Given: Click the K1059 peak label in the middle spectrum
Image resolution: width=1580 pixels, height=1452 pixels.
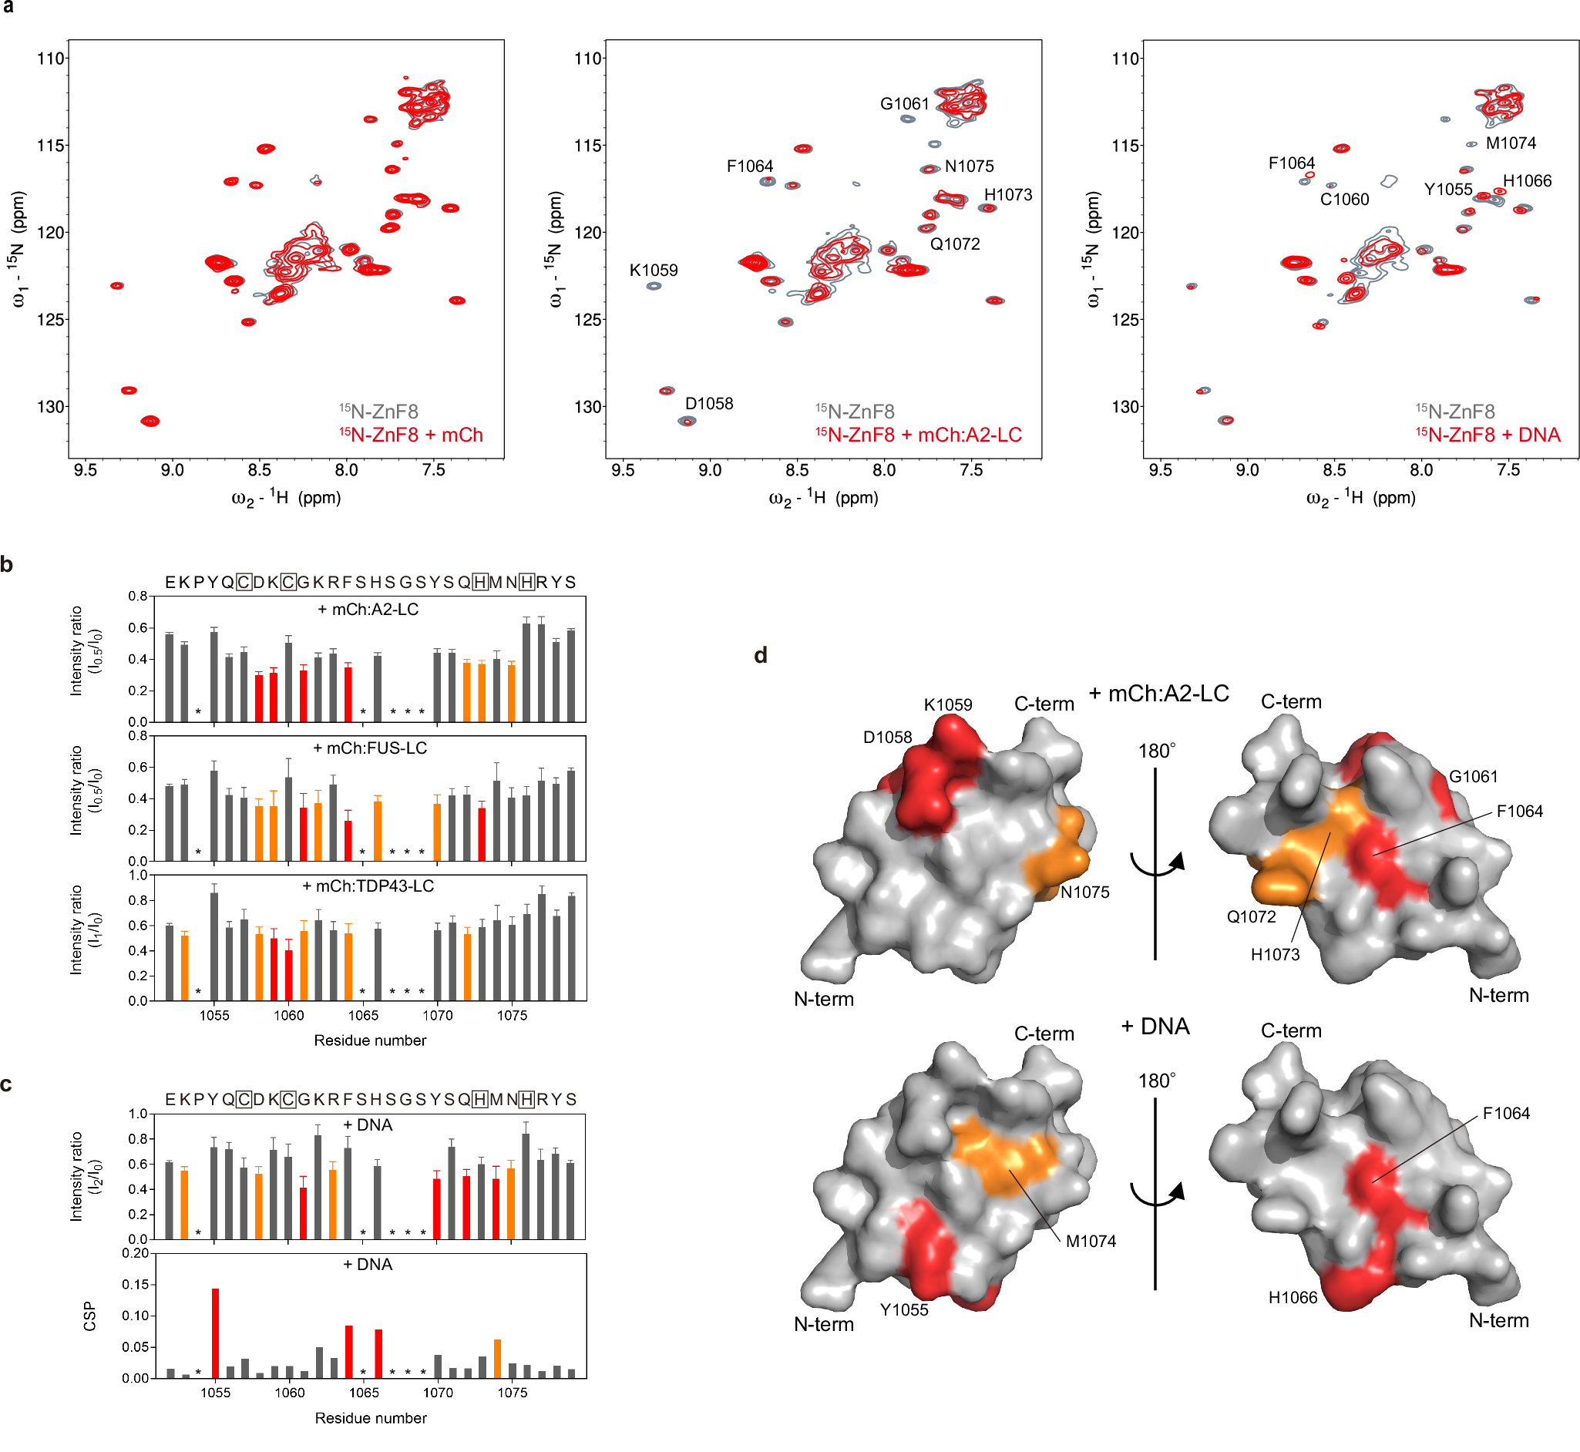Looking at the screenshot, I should [x=653, y=271].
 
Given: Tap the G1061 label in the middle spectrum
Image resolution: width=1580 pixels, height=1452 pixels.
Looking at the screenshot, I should [x=904, y=104].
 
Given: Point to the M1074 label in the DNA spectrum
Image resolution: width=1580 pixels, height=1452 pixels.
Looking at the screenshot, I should [x=1510, y=143].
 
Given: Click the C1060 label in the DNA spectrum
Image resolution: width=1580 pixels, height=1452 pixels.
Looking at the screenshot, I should [x=1343, y=200].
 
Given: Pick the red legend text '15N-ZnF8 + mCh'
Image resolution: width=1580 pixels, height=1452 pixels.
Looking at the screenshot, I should [x=411, y=435].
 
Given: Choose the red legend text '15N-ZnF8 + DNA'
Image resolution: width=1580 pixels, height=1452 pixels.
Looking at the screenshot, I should [x=1488, y=435].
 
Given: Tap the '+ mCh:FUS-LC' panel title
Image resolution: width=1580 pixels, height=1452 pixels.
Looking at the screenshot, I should [x=370, y=748].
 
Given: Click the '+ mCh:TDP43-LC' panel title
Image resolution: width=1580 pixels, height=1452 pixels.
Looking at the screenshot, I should [x=368, y=886].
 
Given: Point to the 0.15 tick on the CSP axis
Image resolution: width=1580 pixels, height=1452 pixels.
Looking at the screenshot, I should [x=135, y=1285].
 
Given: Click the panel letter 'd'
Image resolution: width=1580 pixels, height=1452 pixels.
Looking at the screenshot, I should [x=761, y=655].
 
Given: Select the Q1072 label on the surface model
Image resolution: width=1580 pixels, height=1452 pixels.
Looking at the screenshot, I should [x=1251, y=916].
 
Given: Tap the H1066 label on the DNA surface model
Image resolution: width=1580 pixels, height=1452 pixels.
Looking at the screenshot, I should [x=1293, y=1297].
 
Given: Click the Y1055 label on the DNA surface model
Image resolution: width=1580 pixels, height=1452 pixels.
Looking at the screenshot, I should [x=903, y=1309].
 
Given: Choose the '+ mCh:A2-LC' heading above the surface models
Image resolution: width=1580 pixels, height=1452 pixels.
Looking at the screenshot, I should [x=1158, y=694].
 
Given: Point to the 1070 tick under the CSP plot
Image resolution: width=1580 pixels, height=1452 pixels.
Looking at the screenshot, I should [x=438, y=1393].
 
